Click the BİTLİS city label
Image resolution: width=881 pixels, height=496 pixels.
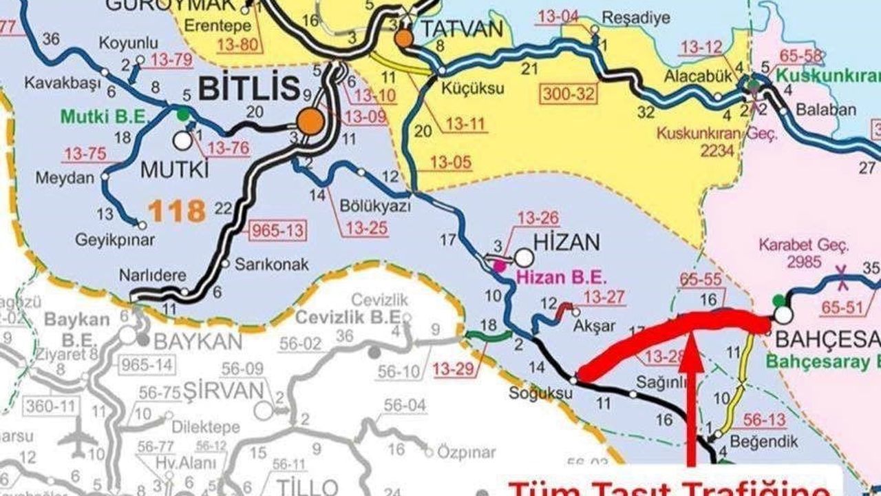(248, 88)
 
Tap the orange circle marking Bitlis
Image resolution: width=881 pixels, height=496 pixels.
(310, 121)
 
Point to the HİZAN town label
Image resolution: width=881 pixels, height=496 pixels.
(567, 242)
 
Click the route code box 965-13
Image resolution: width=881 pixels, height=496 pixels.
(277, 230)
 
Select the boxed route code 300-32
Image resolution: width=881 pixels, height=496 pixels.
(568, 93)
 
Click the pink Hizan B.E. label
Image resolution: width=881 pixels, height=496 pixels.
(562, 278)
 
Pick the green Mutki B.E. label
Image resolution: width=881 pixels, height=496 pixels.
(105, 116)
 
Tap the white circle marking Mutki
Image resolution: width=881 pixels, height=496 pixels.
(182, 141)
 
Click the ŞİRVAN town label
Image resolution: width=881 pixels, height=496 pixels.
(224, 391)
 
